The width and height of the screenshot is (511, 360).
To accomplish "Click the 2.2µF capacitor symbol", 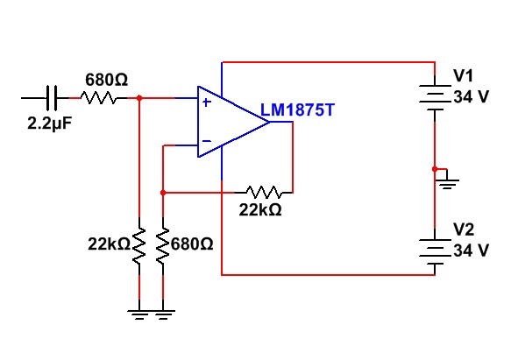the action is [x=51, y=97].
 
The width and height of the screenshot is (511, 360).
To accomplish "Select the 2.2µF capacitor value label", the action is [x=49, y=124].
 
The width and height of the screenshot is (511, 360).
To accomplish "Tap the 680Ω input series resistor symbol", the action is [x=98, y=97].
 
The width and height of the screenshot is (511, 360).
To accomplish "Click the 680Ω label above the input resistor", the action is [x=107, y=80].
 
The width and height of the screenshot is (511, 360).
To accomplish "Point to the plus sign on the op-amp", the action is [x=207, y=102].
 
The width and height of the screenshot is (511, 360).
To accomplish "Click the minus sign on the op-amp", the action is [x=207, y=141].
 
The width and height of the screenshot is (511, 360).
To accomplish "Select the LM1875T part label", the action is [x=297, y=110].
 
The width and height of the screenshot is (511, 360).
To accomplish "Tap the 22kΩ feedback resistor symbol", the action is [x=264, y=192].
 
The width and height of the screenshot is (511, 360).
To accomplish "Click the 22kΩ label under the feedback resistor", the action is [x=260, y=210].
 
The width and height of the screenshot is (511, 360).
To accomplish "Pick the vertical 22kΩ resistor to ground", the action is [x=139, y=245].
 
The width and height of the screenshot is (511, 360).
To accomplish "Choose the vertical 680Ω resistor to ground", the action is [x=163, y=245].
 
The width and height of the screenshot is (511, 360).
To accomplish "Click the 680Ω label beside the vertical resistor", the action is [x=192, y=244].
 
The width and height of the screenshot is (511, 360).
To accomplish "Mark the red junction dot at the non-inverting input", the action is [x=139, y=98].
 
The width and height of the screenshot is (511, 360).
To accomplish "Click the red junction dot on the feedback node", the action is [x=163, y=193].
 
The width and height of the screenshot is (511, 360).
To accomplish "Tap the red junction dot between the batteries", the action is [x=435, y=169].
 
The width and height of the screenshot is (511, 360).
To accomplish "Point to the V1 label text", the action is [x=463, y=75].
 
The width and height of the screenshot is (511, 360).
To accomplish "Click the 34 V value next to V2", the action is [x=471, y=251].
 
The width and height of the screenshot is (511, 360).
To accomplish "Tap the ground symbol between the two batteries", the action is [x=448, y=181].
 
